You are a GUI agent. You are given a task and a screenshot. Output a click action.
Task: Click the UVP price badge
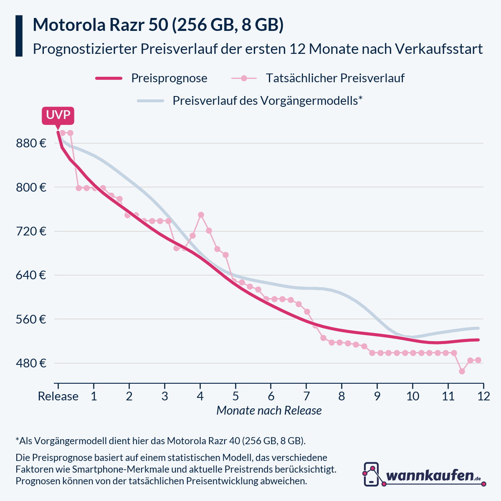[58, 116]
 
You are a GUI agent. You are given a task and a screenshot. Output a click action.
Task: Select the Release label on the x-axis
[58, 396]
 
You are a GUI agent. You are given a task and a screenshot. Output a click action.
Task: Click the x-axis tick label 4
[200, 396]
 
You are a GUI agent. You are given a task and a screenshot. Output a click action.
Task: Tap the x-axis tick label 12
[483, 396]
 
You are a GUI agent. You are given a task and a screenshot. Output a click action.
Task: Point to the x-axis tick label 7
[306, 396]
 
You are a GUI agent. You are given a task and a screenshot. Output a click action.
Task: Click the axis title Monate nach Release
[269, 410]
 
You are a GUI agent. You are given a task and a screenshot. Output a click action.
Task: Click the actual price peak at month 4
[201, 215]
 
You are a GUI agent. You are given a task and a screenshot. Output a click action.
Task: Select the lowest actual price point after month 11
[462, 371]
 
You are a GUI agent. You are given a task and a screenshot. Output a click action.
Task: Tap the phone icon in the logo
[371, 474]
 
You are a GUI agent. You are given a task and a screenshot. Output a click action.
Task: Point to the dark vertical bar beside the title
[19, 36]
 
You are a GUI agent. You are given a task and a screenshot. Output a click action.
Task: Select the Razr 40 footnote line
[161, 441]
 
